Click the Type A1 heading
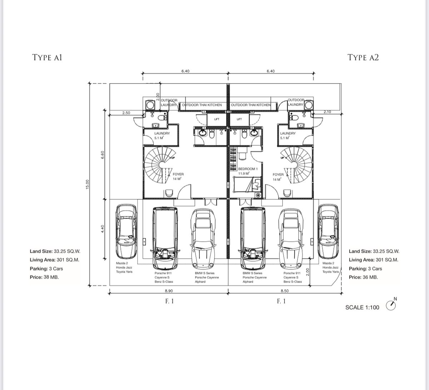[x=47, y=57]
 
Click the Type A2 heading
[x=363, y=57]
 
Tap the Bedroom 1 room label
[x=248, y=169]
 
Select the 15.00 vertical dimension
[x=87, y=184]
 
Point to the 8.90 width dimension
[x=169, y=291]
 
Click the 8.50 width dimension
[x=285, y=291]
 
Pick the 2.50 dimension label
[x=126, y=113]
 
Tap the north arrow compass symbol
[x=391, y=305]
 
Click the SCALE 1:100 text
[x=362, y=307]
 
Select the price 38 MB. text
[x=44, y=277]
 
